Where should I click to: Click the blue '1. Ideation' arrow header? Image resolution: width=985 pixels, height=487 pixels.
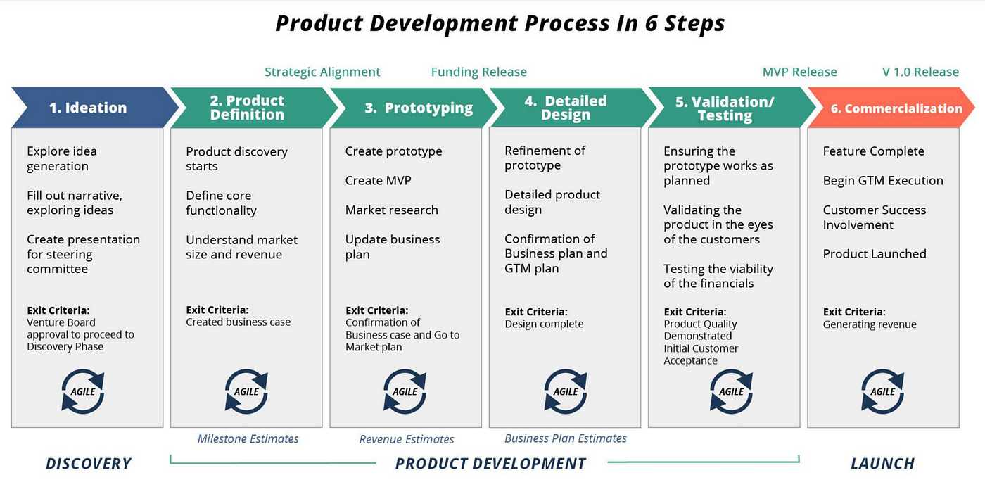click(x=88, y=108)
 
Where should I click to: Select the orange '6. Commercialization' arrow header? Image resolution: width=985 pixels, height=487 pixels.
click(x=896, y=108)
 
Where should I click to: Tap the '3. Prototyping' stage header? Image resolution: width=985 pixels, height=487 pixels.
click(x=419, y=108)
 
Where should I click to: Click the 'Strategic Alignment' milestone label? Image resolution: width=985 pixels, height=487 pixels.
click(x=322, y=72)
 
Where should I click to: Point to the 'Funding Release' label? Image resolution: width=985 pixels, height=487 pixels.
click(x=478, y=72)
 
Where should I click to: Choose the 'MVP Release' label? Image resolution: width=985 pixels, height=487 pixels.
click(x=799, y=72)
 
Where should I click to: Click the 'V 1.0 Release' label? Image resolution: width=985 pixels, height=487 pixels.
click(x=920, y=72)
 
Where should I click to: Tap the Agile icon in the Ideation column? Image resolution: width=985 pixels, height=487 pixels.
click(x=83, y=391)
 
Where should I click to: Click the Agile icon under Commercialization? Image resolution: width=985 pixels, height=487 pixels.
click(x=882, y=391)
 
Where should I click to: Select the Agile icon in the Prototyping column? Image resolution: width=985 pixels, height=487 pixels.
click(x=405, y=391)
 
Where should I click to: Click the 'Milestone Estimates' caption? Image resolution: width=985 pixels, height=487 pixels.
click(x=248, y=438)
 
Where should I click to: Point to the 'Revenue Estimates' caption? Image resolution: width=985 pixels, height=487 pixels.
click(x=407, y=439)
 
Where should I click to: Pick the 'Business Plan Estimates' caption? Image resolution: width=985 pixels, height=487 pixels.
click(x=566, y=438)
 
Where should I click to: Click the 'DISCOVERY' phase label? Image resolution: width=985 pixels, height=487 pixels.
click(x=89, y=463)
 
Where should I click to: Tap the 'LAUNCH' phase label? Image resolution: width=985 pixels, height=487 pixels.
click(x=882, y=463)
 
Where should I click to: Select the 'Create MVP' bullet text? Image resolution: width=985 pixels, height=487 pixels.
click(x=378, y=180)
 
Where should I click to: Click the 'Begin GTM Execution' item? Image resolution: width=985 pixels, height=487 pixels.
click(x=883, y=180)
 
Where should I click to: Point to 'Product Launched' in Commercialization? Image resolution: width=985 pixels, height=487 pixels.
click(x=875, y=253)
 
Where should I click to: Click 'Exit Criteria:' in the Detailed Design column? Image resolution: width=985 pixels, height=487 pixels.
click(x=536, y=312)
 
